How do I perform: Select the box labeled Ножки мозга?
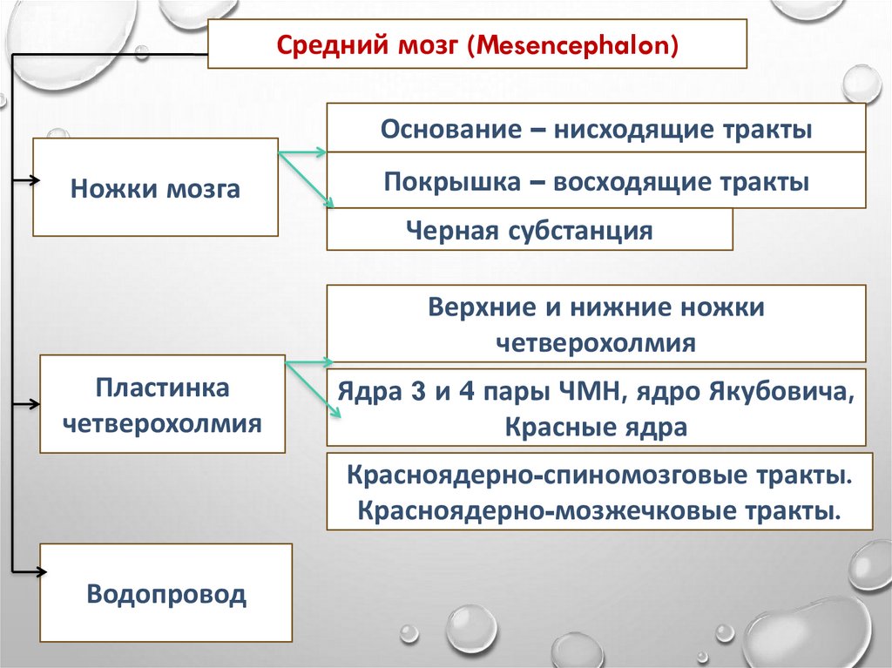click(x=155, y=188)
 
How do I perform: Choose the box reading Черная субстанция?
click(x=529, y=231)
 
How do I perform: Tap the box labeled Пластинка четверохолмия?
click(x=162, y=404)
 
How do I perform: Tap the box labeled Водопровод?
click(x=166, y=595)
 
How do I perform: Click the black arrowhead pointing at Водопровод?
click(x=40, y=571)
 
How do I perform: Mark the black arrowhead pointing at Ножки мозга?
click(x=33, y=181)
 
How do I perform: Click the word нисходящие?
click(x=624, y=130)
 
